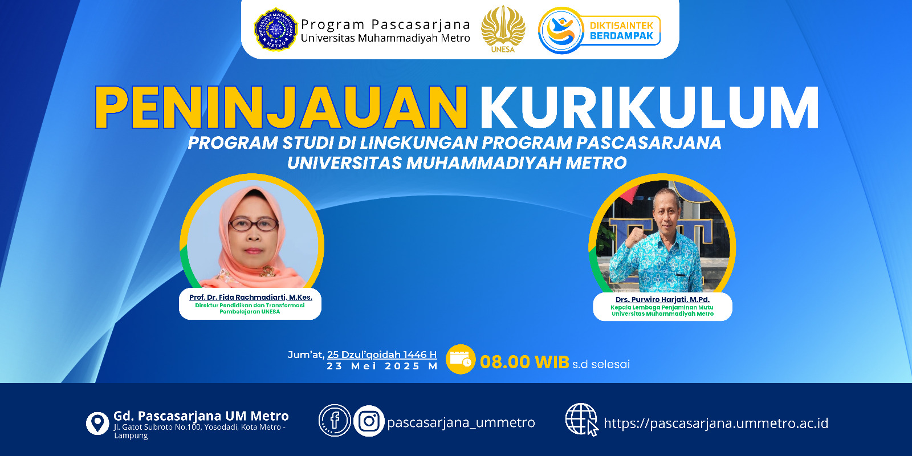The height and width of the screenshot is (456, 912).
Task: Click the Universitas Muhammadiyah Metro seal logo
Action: tap(276, 29)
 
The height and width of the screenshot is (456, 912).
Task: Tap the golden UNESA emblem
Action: tap(503, 28)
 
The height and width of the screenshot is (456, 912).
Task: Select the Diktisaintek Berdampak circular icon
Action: tap(561, 31)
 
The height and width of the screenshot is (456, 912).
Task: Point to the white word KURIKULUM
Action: tap(650, 108)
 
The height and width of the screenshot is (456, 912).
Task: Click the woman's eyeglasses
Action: tap(254, 225)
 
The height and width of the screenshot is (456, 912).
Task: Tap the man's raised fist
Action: tap(634, 236)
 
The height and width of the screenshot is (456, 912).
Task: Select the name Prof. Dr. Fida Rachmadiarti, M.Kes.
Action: tap(251, 297)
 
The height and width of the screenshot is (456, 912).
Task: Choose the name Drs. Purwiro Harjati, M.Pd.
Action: tap(662, 300)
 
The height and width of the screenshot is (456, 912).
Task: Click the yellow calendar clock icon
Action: tap(461, 360)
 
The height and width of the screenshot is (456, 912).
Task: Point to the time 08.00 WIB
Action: tap(524, 362)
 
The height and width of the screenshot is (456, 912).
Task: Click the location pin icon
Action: tap(97, 424)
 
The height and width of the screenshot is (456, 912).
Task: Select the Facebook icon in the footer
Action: tap(335, 421)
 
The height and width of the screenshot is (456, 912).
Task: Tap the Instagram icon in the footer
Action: tap(369, 421)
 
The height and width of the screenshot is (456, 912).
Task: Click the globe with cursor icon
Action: tap(582, 420)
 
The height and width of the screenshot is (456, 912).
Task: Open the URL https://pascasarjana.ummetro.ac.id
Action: tap(716, 424)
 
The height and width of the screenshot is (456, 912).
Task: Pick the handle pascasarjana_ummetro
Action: tap(461, 422)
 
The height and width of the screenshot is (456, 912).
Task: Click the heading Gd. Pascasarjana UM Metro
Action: tap(201, 416)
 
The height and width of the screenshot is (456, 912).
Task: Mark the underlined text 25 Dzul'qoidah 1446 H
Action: tap(382, 355)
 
